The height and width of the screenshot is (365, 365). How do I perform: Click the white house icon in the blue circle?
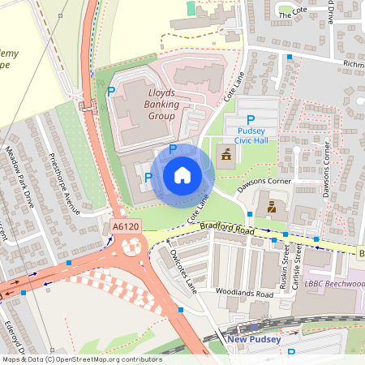pyautogui.click(x=182, y=174)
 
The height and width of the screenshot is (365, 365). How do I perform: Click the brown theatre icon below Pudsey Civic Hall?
pyautogui.click(x=225, y=154)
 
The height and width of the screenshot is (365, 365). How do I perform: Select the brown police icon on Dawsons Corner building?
pyautogui.click(x=271, y=207)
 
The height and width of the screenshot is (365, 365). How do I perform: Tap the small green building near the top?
pyautogui.click(x=191, y=7)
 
